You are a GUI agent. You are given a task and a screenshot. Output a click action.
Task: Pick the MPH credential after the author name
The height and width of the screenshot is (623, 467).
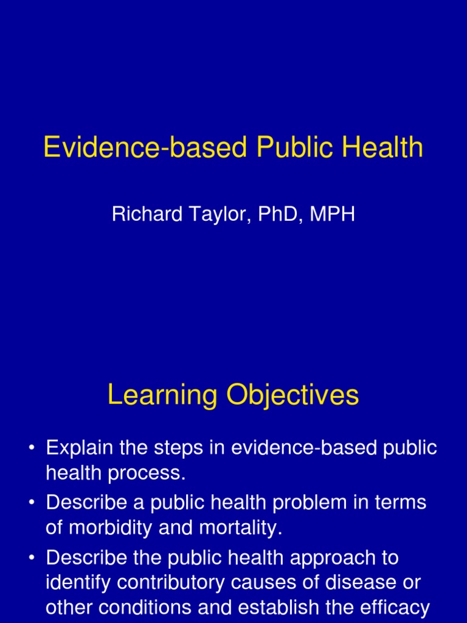pos(333,215)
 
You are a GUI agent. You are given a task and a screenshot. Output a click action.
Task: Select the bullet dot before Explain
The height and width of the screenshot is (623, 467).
pos(31,449)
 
